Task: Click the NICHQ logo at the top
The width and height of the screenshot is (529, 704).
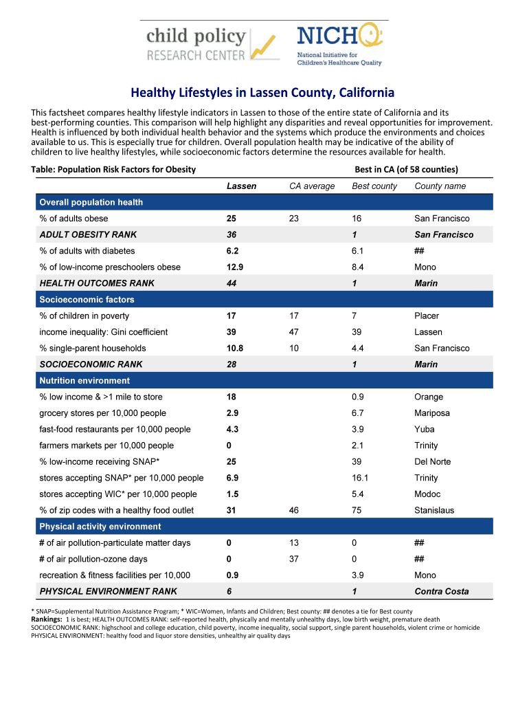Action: tap(339, 44)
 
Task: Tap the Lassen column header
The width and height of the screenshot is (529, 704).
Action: tap(242, 186)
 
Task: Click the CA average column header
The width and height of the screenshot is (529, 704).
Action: tap(312, 186)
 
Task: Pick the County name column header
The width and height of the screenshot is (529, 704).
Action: tap(440, 186)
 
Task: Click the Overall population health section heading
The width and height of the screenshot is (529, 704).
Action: tap(91, 202)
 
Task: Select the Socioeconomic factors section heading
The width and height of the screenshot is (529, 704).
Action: tap(87, 300)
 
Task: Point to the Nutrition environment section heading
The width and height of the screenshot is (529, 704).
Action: tap(85, 381)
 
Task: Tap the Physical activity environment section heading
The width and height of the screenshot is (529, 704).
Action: tap(100, 527)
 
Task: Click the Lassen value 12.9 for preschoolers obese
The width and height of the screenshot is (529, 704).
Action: tap(235, 267)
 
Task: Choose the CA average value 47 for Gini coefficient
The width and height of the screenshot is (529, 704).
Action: tap(294, 332)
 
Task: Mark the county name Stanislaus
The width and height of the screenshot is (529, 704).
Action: tap(434, 511)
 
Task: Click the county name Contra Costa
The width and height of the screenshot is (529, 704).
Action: tap(442, 592)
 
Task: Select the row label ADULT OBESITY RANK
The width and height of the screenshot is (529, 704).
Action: tap(88, 235)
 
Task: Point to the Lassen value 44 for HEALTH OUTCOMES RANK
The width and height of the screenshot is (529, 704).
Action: tap(232, 283)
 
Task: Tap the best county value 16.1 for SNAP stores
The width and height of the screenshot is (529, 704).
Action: tap(361, 478)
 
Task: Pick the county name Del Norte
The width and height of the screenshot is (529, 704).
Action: tap(432, 462)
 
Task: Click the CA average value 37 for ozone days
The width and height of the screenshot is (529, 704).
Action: tap(294, 560)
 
